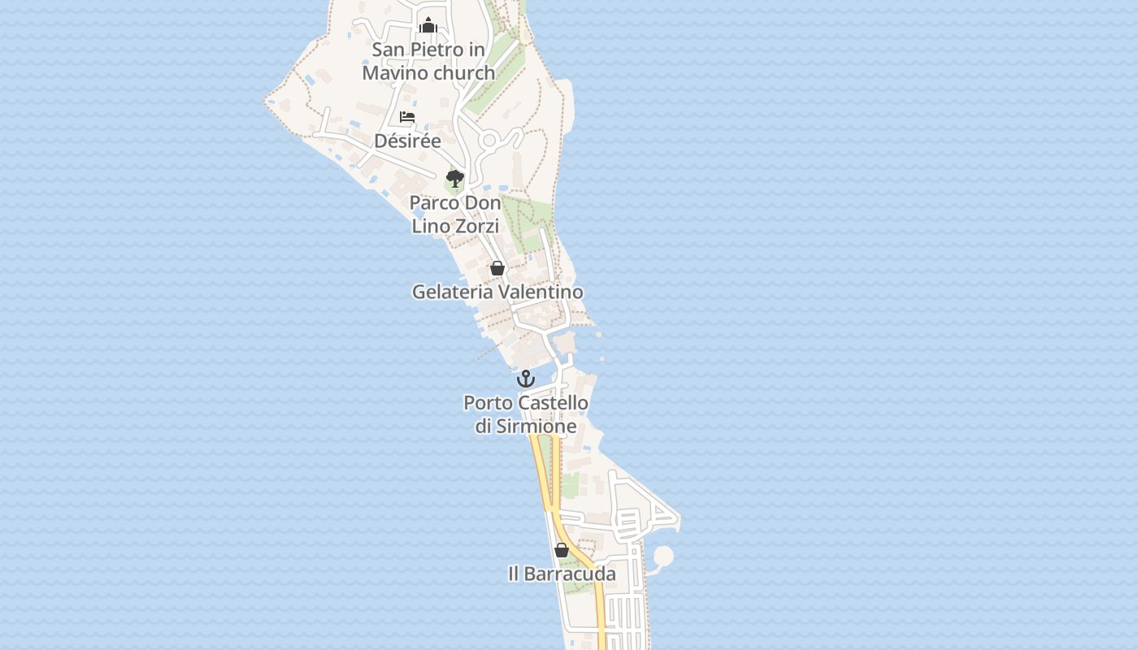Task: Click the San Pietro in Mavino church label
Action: pos(428,61)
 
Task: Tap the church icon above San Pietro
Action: pos(428,25)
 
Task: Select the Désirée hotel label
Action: pos(407,141)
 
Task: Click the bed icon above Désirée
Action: pos(407,117)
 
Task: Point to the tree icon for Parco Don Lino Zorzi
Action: pos(455,178)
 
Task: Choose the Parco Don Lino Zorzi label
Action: pos(455,214)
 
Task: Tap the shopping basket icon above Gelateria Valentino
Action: pos(497,267)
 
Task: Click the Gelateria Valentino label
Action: pos(497,292)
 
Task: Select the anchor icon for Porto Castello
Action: pos(526,379)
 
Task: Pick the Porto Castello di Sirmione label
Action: pos(526,414)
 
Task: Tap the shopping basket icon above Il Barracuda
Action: pos(562,550)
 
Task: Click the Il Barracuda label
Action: pos(562,574)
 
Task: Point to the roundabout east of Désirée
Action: pos(489,141)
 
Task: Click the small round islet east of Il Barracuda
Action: pos(663,557)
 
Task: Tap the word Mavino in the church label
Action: pos(392,73)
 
